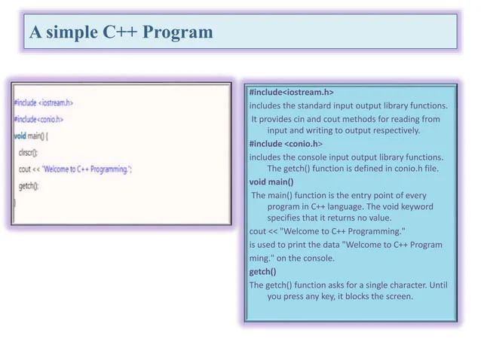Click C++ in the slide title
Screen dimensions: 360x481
tap(120, 33)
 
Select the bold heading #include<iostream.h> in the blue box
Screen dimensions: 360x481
tap(291, 92)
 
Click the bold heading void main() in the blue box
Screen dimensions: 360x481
tap(271, 182)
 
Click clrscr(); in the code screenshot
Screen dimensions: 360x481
tap(29, 152)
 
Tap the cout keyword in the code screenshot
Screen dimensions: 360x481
tap(26, 169)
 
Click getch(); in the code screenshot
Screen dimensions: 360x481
tap(29, 185)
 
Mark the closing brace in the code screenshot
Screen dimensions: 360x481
tap(14, 201)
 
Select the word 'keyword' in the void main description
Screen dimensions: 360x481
tap(418, 206)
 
